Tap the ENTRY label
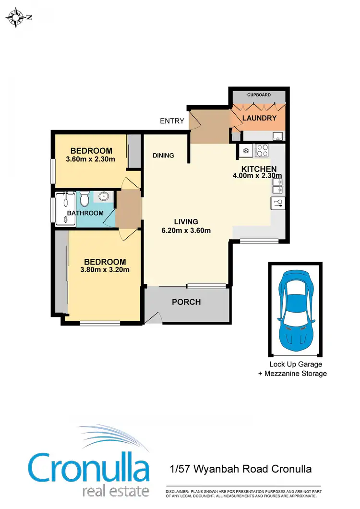(x=172, y=121)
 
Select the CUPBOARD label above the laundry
(x=259, y=95)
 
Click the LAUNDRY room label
(x=259, y=118)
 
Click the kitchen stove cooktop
(x=262, y=151)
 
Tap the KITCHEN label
(x=259, y=169)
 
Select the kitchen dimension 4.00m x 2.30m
(x=257, y=176)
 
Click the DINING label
(x=163, y=156)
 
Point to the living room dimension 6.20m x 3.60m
(x=186, y=230)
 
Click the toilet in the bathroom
(x=84, y=198)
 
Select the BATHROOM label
(x=85, y=213)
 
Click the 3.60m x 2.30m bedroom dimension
(x=90, y=159)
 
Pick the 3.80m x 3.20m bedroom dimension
(x=105, y=270)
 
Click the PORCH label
(x=186, y=302)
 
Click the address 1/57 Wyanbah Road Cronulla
(x=241, y=468)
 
